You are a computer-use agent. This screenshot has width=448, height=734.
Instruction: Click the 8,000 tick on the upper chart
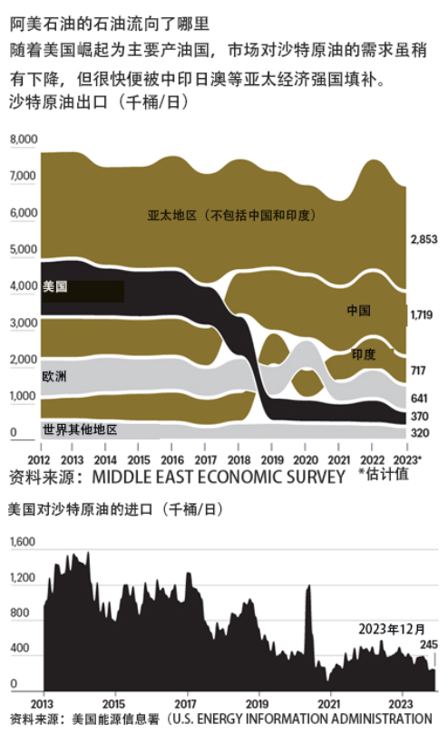tap(24, 140)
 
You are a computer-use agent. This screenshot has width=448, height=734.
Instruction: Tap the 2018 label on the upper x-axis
tap(239, 460)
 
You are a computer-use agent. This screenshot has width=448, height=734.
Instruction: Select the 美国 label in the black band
tap(54, 286)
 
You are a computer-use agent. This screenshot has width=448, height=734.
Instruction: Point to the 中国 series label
tap(358, 310)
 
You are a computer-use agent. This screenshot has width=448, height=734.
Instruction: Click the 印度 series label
tap(364, 354)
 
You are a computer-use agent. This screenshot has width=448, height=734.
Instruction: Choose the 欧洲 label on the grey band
tap(54, 376)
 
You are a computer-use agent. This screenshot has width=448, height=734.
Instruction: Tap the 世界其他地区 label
tap(80, 430)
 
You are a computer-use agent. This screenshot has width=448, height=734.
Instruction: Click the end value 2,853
tap(424, 239)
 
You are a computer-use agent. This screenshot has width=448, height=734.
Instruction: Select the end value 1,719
tap(422, 314)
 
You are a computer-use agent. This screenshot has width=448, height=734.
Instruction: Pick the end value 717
tap(418, 371)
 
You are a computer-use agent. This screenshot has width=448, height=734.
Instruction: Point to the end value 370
tap(420, 416)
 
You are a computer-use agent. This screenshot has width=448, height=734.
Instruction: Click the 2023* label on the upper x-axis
tap(407, 459)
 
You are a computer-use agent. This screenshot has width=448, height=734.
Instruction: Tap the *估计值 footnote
tap(383, 474)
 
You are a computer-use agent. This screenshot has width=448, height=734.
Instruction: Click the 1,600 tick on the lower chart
tap(23, 542)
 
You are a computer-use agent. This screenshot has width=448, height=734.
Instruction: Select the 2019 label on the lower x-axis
tap(258, 703)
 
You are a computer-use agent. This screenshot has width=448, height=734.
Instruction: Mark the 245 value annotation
tap(429, 644)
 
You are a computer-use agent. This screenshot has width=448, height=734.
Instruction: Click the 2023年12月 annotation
tap(392, 629)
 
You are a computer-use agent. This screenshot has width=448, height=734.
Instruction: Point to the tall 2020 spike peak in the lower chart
tap(309, 585)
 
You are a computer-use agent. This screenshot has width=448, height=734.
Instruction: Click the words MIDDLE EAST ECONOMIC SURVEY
tap(219, 477)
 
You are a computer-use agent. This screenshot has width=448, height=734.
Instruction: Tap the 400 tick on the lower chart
tap(20, 648)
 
